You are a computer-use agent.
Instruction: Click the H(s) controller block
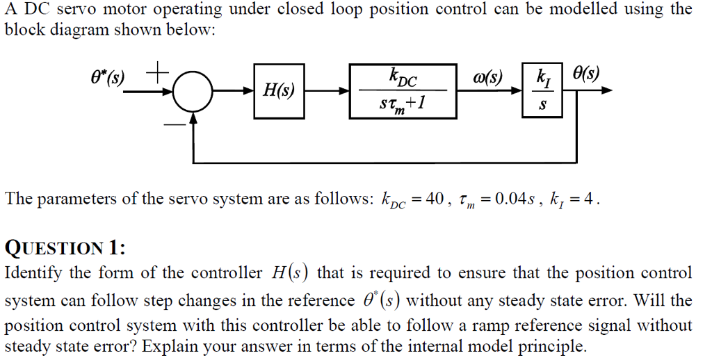click(x=278, y=90)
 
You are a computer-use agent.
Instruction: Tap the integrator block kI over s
click(x=543, y=91)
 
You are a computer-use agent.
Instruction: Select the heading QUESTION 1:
click(x=65, y=247)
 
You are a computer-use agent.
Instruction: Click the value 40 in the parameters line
click(x=435, y=199)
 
